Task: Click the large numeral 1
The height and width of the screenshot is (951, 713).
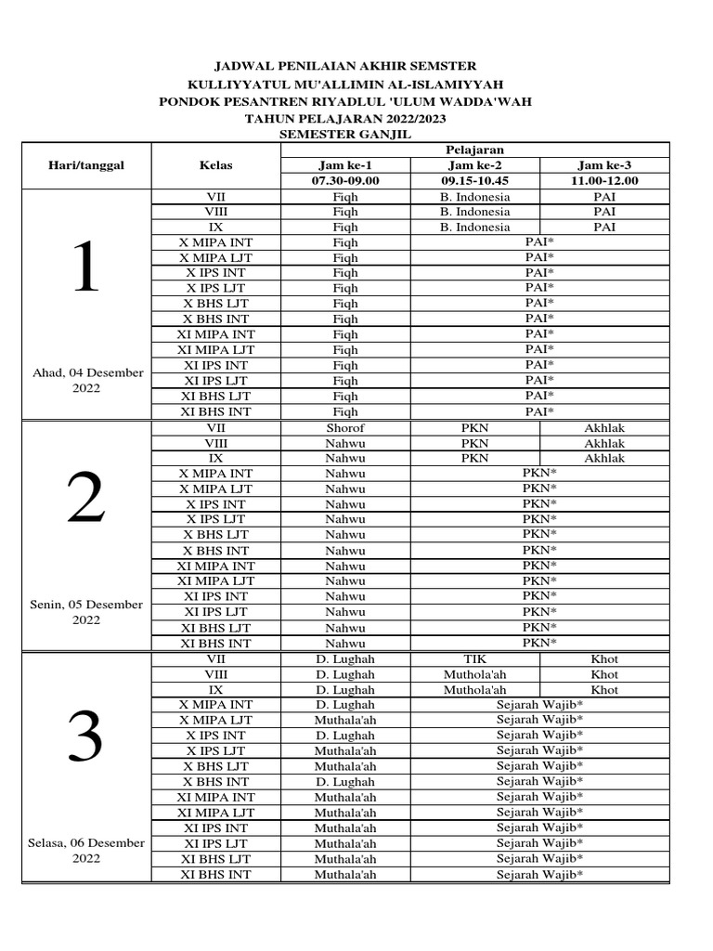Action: [x=85, y=267]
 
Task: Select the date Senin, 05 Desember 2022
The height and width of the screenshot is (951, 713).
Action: [x=87, y=612]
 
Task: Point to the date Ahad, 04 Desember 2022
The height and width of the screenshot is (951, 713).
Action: [x=87, y=381]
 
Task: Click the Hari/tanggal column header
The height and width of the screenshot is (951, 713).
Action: [x=86, y=165]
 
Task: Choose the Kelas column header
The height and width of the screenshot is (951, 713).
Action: [x=215, y=165]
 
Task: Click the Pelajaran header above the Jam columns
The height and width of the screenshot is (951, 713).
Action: [x=474, y=150]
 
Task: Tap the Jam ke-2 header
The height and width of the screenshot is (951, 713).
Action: [x=474, y=165]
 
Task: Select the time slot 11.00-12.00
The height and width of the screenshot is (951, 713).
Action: [x=603, y=180]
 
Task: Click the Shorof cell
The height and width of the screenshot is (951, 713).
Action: [x=344, y=428]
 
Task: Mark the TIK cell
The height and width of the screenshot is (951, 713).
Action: [x=474, y=659]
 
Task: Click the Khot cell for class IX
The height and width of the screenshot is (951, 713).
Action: [x=603, y=690]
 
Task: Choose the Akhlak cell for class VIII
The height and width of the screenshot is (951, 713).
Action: [x=603, y=444]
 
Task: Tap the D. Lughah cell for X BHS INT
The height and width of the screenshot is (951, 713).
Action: [x=344, y=782]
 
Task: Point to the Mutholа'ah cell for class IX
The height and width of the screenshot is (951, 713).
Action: [x=474, y=690]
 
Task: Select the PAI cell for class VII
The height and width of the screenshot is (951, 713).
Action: [x=603, y=197]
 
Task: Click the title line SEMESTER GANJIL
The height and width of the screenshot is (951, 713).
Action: [x=345, y=135]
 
